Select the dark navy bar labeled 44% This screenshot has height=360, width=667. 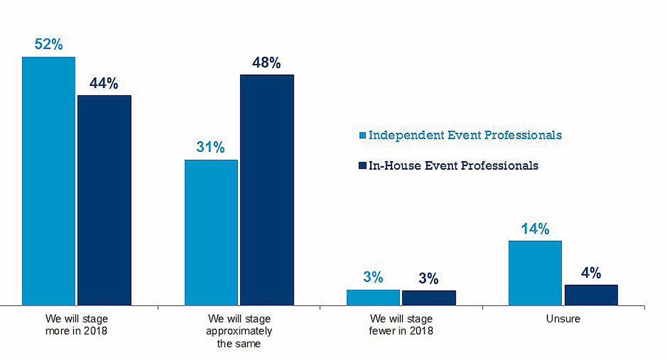(x=104, y=200)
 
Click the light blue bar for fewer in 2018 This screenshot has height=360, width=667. (x=373, y=297)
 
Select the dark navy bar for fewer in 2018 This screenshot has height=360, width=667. (x=429, y=298)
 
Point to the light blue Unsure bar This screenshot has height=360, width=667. (x=535, y=273)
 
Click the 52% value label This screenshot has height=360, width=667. (x=48, y=45)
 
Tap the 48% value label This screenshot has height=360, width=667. (x=267, y=63)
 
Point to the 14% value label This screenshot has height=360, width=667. (x=535, y=229)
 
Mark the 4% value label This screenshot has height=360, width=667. (x=591, y=273)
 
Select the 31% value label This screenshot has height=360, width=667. (x=211, y=148)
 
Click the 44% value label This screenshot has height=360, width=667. (x=104, y=84)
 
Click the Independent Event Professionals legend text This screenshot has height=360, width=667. (x=465, y=135)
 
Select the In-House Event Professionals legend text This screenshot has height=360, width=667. (x=453, y=165)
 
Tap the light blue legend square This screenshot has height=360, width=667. (x=362, y=135)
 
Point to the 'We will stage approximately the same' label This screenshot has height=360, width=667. (x=239, y=331)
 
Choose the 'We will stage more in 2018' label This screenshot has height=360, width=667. (x=77, y=325)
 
